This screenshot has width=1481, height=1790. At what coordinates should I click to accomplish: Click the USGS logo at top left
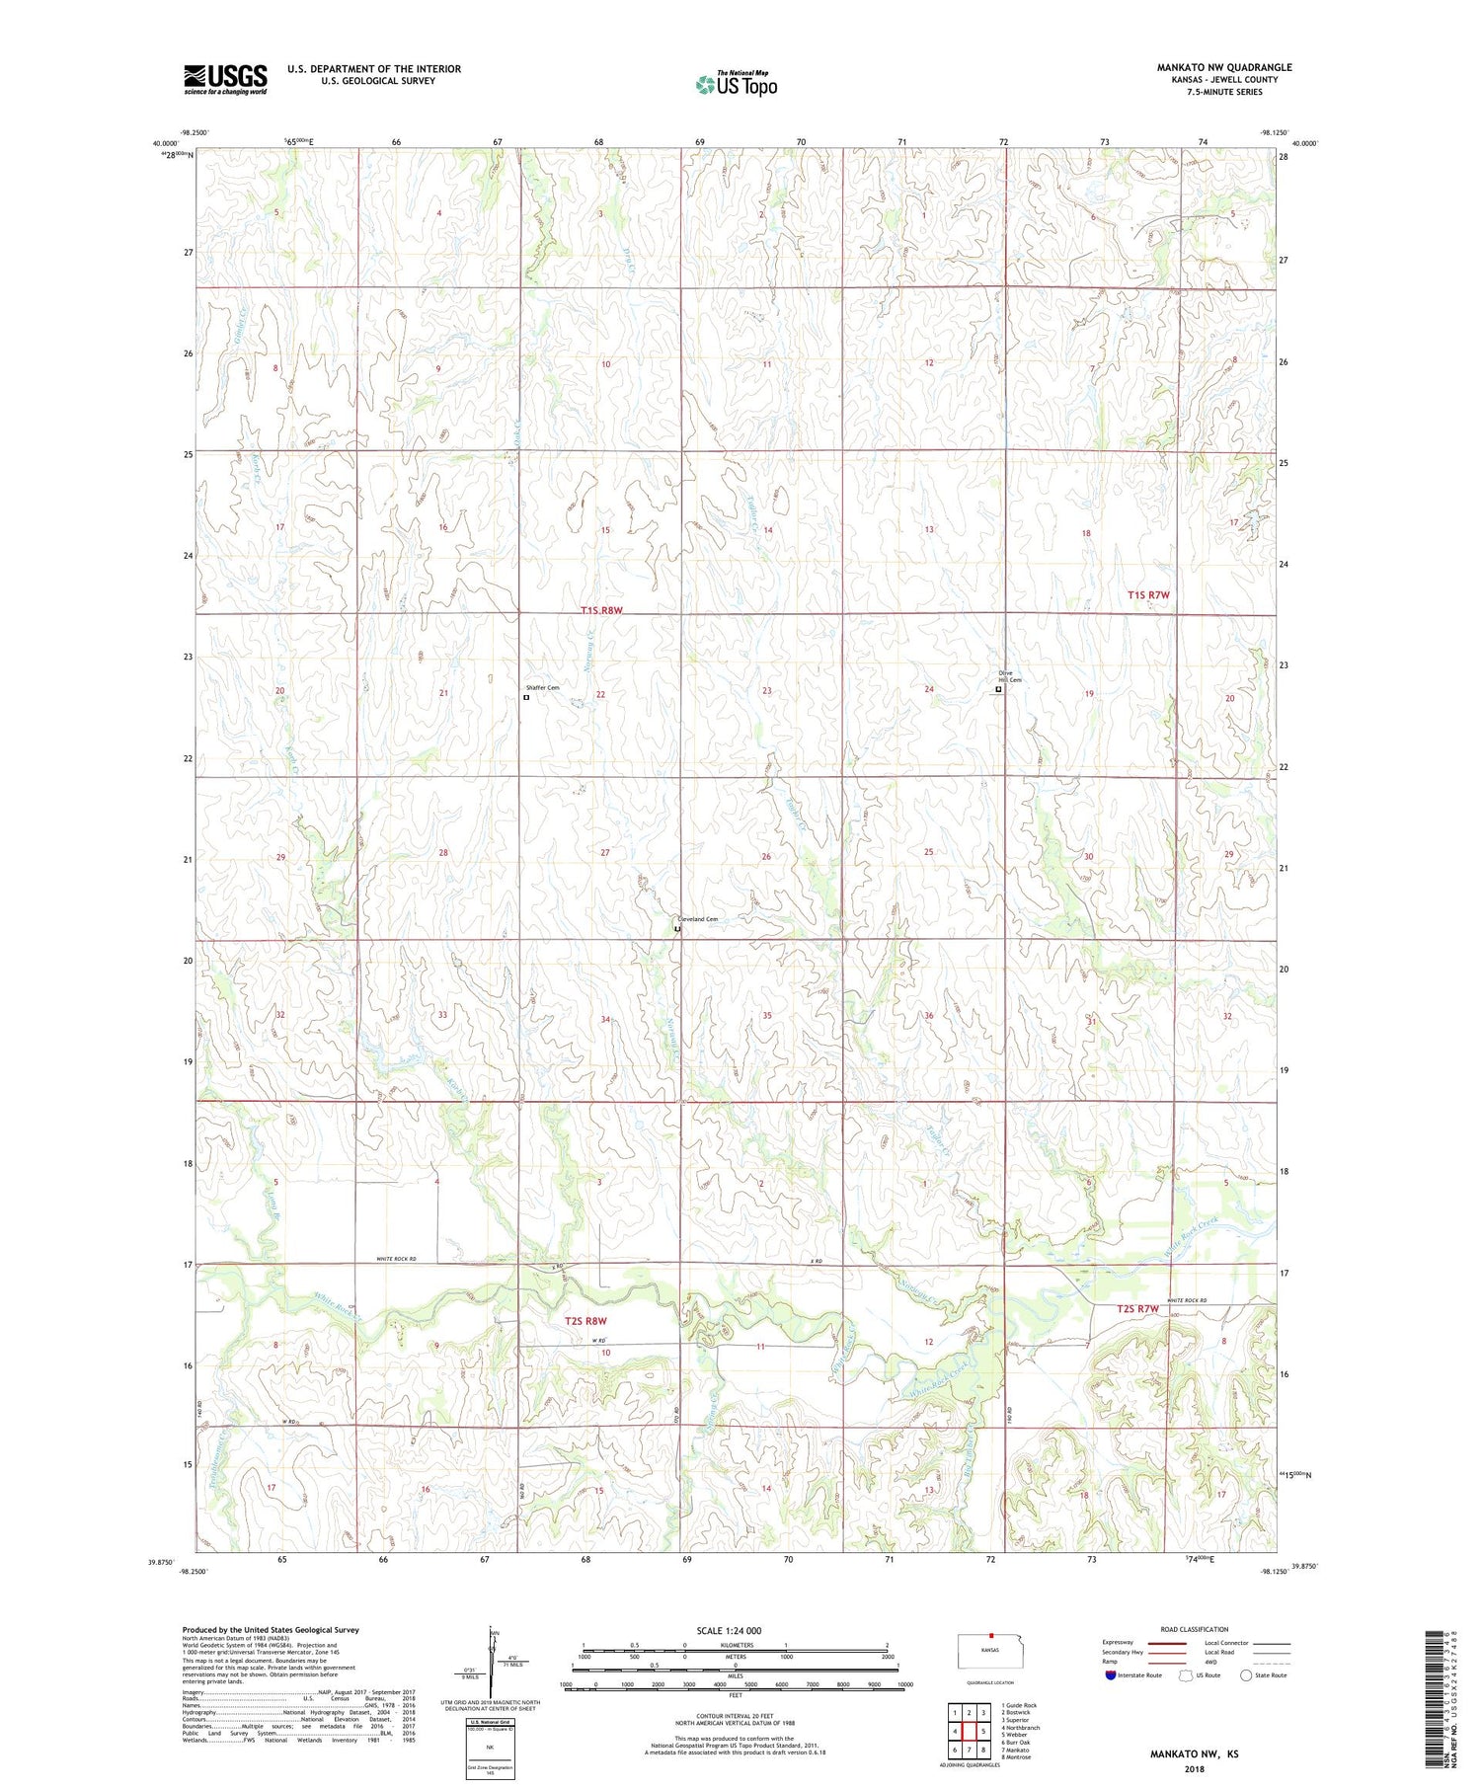pos(225,79)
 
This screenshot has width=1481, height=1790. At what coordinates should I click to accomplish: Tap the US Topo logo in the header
pos(737,85)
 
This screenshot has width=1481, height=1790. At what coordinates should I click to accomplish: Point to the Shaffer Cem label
pos(544,687)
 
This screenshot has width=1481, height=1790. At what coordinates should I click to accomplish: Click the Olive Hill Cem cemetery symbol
pos(998,690)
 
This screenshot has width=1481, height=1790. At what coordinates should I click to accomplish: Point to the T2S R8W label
pos(585,1321)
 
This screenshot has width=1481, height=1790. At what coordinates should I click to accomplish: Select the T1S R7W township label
pos(1148,595)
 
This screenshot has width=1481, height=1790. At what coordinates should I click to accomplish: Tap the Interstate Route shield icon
pos(1110,1675)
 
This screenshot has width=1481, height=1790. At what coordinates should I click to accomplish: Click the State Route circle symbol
pos(1247,1674)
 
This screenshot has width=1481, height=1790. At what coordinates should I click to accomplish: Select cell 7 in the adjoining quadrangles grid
pos(970,1751)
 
